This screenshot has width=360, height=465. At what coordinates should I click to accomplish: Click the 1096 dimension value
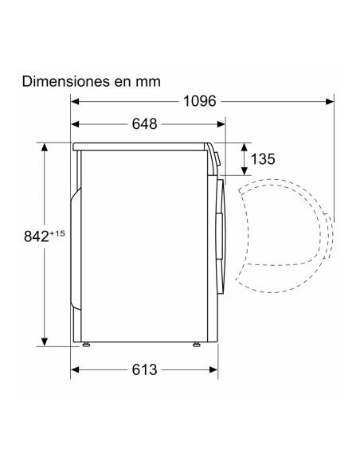(200, 101)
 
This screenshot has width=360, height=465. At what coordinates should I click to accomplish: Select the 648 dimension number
(144, 124)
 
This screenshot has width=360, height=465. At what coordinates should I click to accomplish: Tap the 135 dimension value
(263, 159)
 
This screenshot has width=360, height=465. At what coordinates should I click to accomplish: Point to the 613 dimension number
(144, 369)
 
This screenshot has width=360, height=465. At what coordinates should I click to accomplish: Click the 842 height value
(36, 236)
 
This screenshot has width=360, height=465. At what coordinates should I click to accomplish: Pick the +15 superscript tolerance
(57, 233)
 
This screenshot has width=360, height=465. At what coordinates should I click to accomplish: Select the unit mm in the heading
(148, 83)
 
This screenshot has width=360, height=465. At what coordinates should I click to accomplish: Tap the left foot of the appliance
(86, 344)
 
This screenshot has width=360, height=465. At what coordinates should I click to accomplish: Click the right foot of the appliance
(196, 344)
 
